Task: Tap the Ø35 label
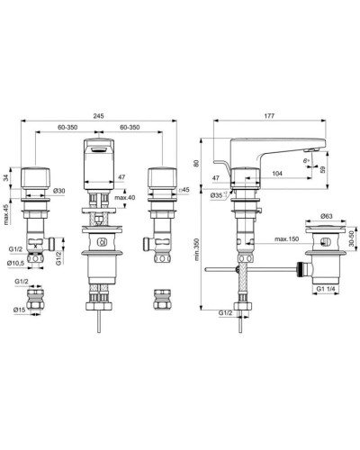point(217,194)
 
